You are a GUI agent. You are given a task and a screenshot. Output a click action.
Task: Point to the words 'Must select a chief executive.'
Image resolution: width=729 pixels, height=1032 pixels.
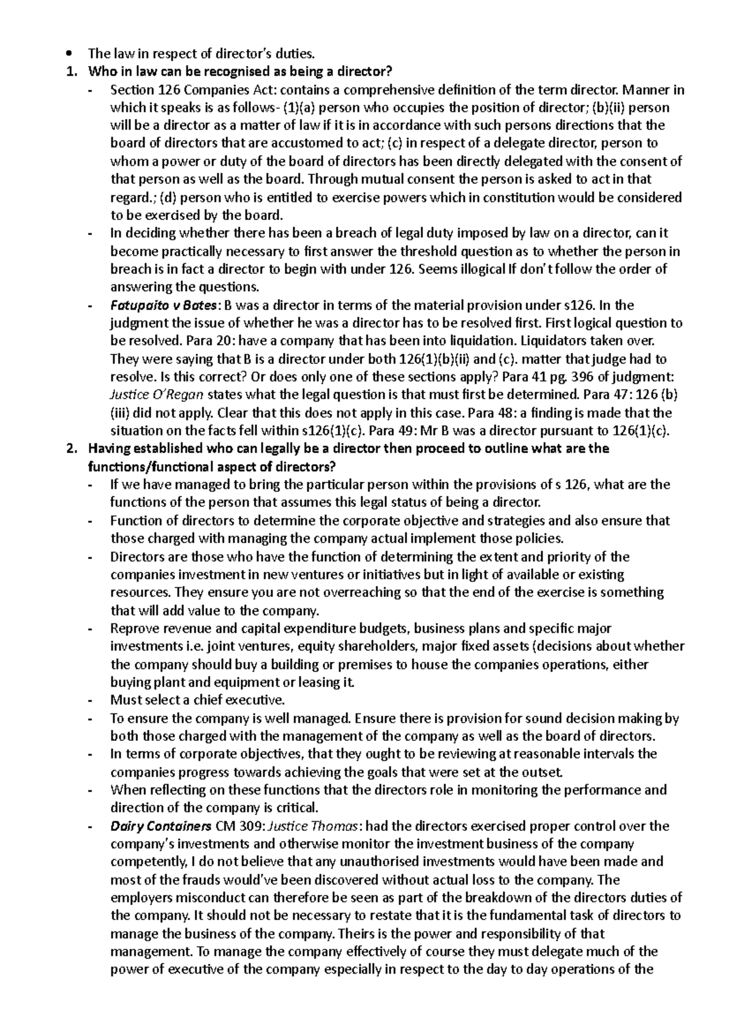tap(197, 700)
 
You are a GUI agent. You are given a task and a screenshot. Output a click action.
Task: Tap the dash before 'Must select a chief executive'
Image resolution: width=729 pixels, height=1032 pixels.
tap(91, 700)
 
